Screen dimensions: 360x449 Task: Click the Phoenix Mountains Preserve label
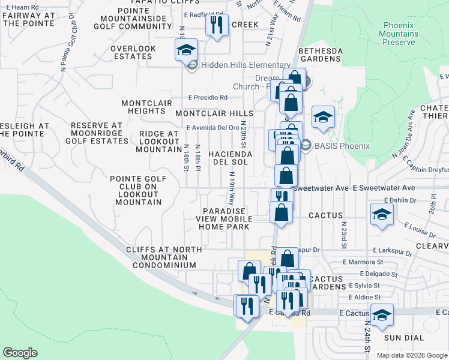click(x=399, y=34)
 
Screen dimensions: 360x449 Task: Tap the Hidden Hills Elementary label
click(x=246, y=65)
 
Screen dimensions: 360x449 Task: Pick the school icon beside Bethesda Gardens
click(x=323, y=117)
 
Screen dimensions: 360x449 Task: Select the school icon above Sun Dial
click(x=382, y=314)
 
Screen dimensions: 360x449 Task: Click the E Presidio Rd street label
click(x=207, y=97)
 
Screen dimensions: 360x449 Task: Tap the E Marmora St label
click(x=363, y=262)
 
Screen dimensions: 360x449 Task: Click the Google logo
click(x=20, y=353)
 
